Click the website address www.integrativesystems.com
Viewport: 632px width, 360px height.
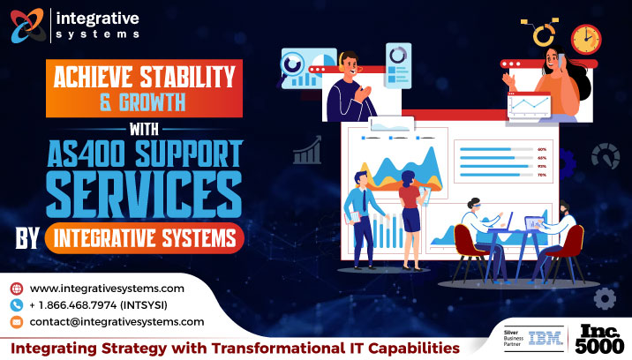[x=107, y=289]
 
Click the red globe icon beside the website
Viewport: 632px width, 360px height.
[x=17, y=289]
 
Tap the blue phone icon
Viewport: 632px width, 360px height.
[x=17, y=305]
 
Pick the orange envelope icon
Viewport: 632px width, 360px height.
[x=17, y=322]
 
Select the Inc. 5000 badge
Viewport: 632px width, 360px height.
[x=602, y=339]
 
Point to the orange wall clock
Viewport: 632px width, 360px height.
[x=585, y=39]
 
